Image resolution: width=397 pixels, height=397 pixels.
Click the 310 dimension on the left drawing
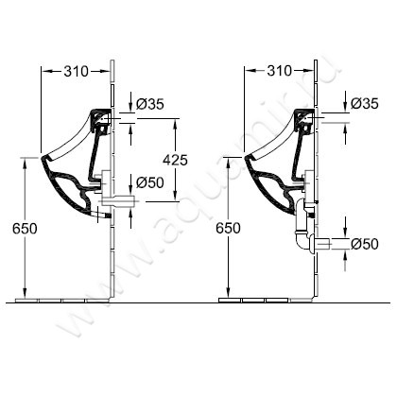coord(77,72)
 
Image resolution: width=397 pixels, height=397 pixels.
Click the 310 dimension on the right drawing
coord(280,71)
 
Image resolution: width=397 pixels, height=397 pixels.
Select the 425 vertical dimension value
coord(175,160)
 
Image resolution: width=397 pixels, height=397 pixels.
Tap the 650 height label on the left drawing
coord(25,229)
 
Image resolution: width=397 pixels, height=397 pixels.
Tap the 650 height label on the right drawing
coord(228,228)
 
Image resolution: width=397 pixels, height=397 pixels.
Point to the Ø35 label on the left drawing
coord(150,104)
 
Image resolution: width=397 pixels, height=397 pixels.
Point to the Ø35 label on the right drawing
coord(364,103)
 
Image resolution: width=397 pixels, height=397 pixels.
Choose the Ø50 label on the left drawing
coord(150,182)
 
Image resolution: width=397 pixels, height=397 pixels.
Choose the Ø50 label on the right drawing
coord(365,244)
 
